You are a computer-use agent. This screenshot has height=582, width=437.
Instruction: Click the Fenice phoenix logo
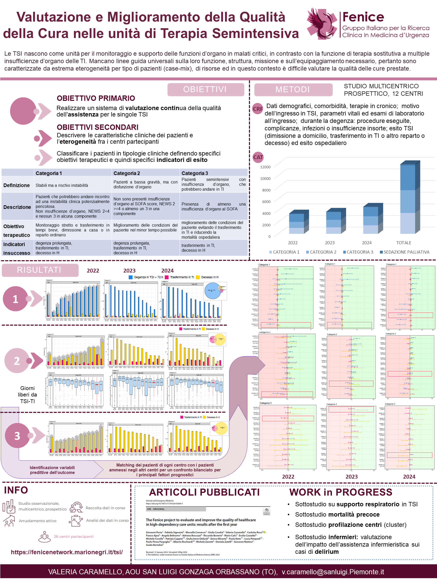322,24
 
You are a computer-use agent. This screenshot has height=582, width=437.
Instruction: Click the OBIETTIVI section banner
206,90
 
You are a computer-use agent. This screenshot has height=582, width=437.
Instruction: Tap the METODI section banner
293,90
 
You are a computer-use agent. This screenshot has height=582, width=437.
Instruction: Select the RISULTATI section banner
40,270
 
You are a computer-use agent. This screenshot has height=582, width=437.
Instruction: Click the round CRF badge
258,109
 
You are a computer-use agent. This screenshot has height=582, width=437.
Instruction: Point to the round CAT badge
258,157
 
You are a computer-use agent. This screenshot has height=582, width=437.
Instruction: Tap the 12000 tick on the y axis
265,167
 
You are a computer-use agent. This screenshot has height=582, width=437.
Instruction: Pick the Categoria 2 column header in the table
127,173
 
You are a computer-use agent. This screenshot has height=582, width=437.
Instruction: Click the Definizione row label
17,185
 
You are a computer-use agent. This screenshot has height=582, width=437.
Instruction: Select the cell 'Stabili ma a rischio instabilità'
62,185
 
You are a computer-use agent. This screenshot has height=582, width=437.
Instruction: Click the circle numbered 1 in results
15,299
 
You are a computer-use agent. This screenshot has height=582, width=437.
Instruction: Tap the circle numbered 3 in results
17,436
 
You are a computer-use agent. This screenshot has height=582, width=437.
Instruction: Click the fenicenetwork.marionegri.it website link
67,552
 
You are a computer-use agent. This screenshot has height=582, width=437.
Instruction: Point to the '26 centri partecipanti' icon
44,536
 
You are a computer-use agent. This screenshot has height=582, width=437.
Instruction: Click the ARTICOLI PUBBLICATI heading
204,492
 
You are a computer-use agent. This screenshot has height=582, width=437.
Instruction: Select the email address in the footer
333,572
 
